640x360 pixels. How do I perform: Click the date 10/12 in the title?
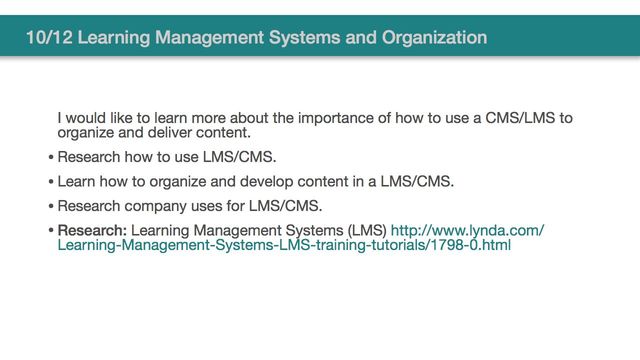(x=49, y=38)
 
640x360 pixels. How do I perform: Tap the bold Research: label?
(x=92, y=231)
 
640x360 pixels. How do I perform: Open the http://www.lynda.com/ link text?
(x=467, y=231)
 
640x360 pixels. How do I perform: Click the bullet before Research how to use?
(x=51, y=158)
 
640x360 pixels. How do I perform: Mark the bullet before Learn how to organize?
(x=51, y=183)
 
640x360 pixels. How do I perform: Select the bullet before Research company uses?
(x=51, y=207)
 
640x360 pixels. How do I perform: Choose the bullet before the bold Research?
(x=51, y=232)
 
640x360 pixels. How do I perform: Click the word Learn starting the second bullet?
(x=76, y=182)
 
